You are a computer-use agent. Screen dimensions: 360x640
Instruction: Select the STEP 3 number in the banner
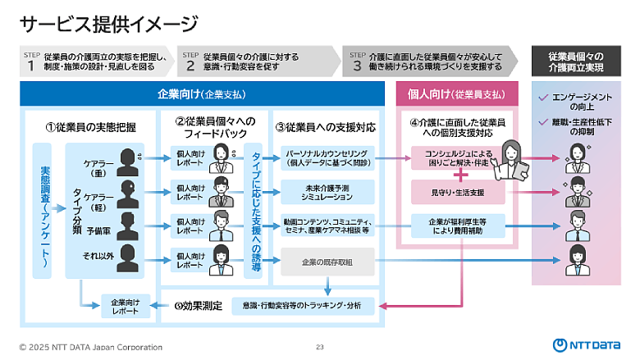click(357, 66)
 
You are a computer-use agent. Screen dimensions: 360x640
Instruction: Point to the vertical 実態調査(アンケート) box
click(45, 210)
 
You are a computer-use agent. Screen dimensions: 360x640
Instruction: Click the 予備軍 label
click(99, 231)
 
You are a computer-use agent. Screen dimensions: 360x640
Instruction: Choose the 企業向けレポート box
click(123, 306)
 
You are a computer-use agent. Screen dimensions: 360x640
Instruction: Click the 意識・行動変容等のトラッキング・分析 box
click(304, 306)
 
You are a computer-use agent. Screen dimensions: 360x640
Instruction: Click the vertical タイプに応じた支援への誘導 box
click(256, 211)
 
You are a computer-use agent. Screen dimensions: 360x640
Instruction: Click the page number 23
click(320, 347)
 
